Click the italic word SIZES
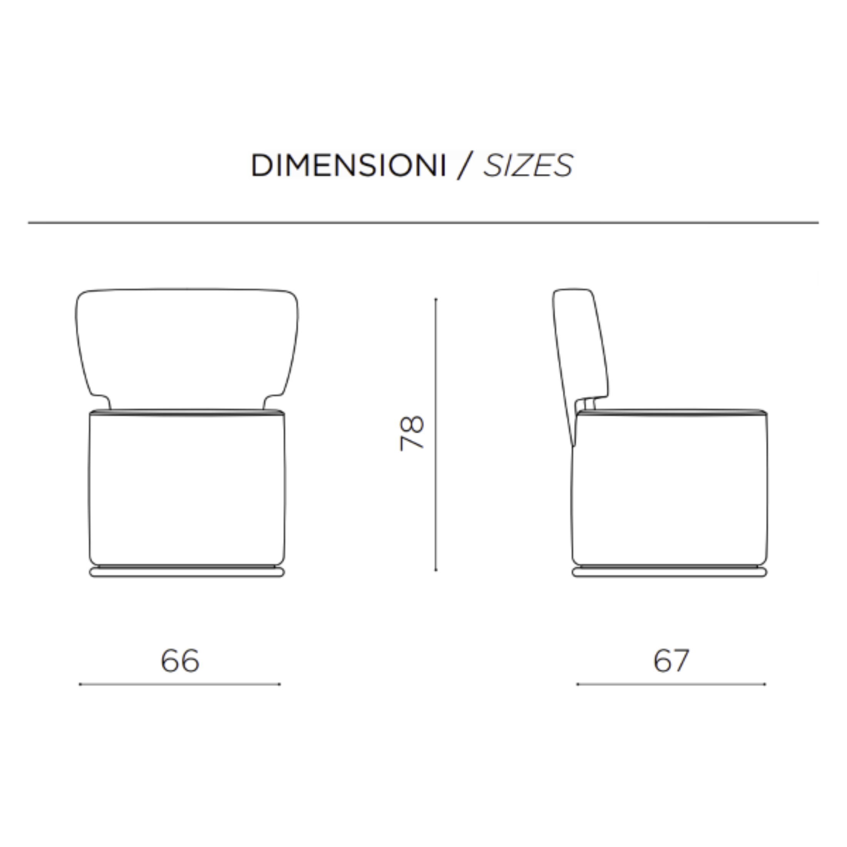[528, 166]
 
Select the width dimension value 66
[180, 661]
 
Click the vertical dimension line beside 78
[435, 434]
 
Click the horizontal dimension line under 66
[180, 684]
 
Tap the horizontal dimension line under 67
[671, 684]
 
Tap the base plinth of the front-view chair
[187, 572]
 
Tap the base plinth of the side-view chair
[670, 572]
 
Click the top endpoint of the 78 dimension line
[435, 299]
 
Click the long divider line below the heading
[423, 223]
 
